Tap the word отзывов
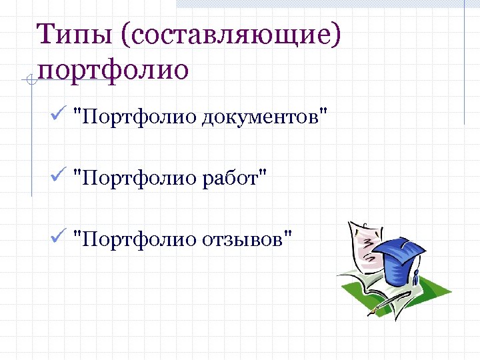pos(247,238)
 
